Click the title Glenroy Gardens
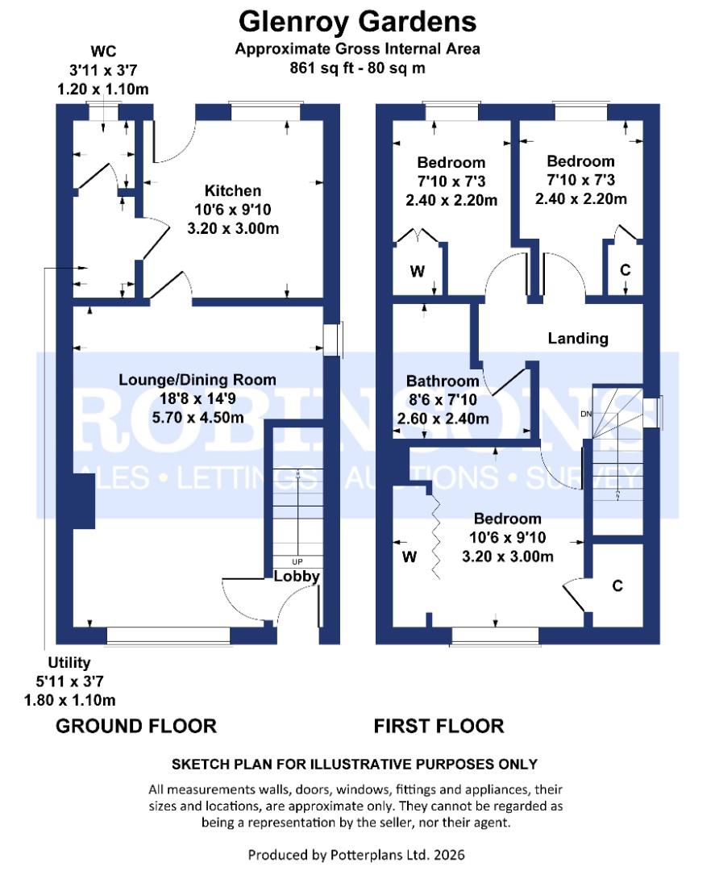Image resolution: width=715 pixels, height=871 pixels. pyautogui.click(x=357, y=19)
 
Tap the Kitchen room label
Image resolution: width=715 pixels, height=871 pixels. pyautogui.click(x=233, y=191)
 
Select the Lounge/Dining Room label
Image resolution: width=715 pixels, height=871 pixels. pyautogui.click(x=197, y=379)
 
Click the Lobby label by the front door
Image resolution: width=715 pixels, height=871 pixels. pyautogui.click(x=297, y=577)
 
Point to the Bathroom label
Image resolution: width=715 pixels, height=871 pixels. pyautogui.click(x=443, y=381)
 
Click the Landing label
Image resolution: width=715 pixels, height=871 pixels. pyautogui.click(x=578, y=338)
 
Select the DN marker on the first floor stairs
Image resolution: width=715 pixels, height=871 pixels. pyautogui.click(x=586, y=415)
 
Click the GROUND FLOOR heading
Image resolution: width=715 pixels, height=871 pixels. pyautogui.click(x=136, y=726)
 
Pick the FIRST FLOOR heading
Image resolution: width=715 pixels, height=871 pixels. pyautogui.click(x=439, y=726)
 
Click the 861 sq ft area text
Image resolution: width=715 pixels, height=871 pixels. pyautogui.click(x=357, y=68)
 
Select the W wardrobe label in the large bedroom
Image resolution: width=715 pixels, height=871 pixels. pyautogui.click(x=409, y=556)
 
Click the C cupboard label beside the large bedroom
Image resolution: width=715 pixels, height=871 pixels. pyautogui.click(x=617, y=586)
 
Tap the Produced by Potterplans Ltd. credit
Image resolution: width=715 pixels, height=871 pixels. pyautogui.click(x=356, y=854)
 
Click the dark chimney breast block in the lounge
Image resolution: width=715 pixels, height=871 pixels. pyautogui.click(x=83, y=502)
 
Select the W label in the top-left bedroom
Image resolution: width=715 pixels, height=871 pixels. pyautogui.click(x=417, y=272)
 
